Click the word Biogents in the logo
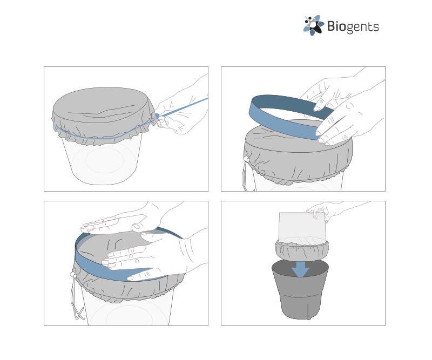tap(353, 27)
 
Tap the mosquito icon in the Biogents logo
tap(314, 25)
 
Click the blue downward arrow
tap(301, 269)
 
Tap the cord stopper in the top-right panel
tap(246, 159)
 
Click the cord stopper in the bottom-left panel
tap(73, 275)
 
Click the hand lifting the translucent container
tap(328, 209)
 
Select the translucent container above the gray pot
tap(302, 228)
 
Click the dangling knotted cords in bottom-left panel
tap(77, 300)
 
